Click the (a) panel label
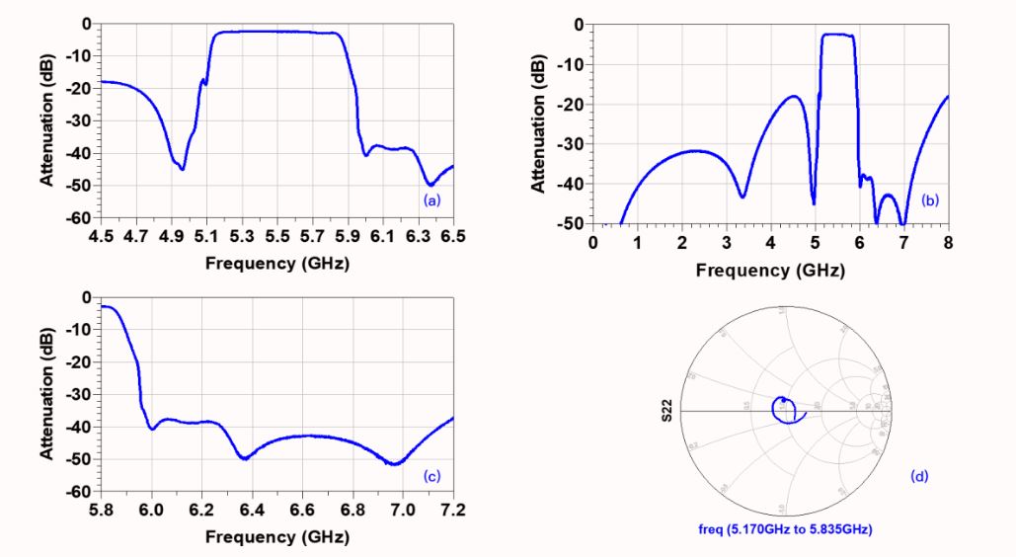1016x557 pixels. point(431,199)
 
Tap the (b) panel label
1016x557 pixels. point(929,200)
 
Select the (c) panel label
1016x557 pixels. point(431,476)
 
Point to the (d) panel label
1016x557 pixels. point(919,477)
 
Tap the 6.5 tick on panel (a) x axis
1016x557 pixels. point(453,238)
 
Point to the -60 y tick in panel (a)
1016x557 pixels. point(81,217)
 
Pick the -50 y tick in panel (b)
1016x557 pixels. point(573,224)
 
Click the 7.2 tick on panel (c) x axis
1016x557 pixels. point(453,512)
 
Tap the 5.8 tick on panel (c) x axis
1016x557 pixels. point(102,512)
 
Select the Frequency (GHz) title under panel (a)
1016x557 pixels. point(277,264)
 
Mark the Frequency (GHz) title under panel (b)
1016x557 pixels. point(770,271)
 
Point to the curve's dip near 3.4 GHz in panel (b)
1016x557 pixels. point(742,197)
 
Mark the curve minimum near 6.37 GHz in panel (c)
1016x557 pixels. point(245,458)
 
